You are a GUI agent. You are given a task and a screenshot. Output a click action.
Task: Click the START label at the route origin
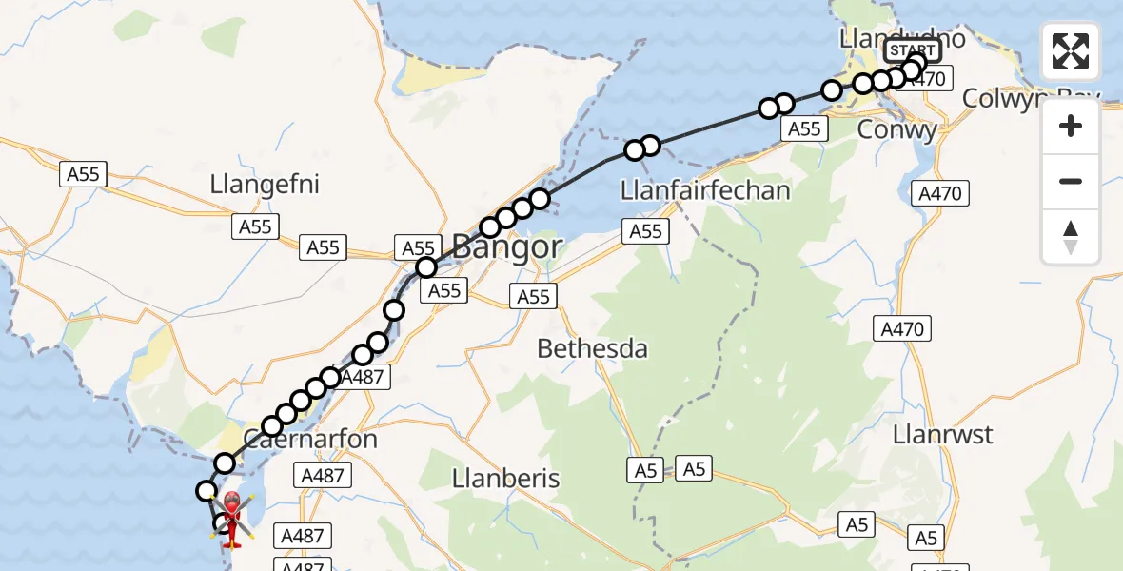pyautogui.click(x=912, y=50)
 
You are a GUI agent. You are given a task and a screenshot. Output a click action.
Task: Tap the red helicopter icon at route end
pyautogui.click(x=231, y=514)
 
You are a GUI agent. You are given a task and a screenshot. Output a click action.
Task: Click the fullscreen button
pyautogui.click(x=1071, y=51)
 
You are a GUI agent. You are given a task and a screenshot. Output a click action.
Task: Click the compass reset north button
pyautogui.click(x=1071, y=237)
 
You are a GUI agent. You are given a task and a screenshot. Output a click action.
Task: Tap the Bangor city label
pyautogui.click(x=506, y=247)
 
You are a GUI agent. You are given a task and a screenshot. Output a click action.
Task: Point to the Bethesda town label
pyautogui.click(x=592, y=348)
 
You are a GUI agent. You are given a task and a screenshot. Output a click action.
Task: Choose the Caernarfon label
pyautogui.click(x=311, y=440)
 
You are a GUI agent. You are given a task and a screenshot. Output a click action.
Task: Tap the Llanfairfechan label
pyautogui.click(x=705, y=190)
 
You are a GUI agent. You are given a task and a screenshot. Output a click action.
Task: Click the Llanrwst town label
pyautogui.click(x=943, y=435)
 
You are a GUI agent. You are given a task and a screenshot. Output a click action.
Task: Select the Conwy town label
pyautogui.click(x=897, y=129)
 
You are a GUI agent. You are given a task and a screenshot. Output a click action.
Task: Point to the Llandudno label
pyautogui.click(x=902, y=38)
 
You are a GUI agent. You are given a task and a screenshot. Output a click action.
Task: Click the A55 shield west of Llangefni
pyautogui.click(x=83, y=174)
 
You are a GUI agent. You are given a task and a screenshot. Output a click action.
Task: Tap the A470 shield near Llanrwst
pyautogui.click(x=902, y=329)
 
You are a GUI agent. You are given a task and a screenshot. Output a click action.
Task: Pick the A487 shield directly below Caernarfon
pyautogui.click(x=325, y=475)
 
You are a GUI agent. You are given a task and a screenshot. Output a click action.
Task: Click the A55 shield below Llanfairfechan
pyautogui.click(x=645, y=231)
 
